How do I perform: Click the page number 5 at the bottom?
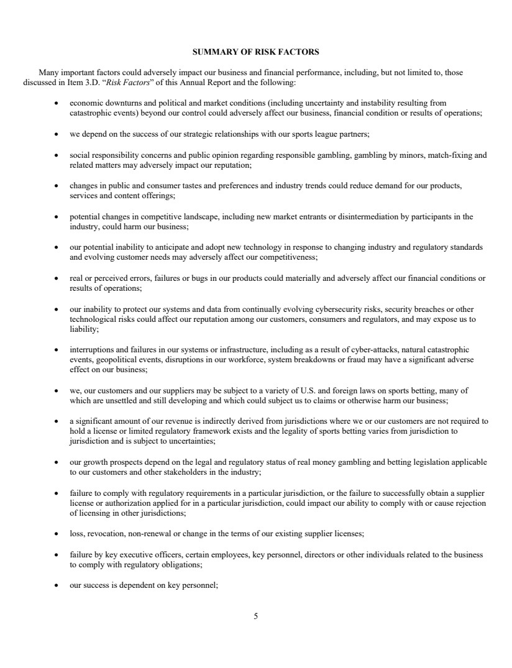coord(256,616)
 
